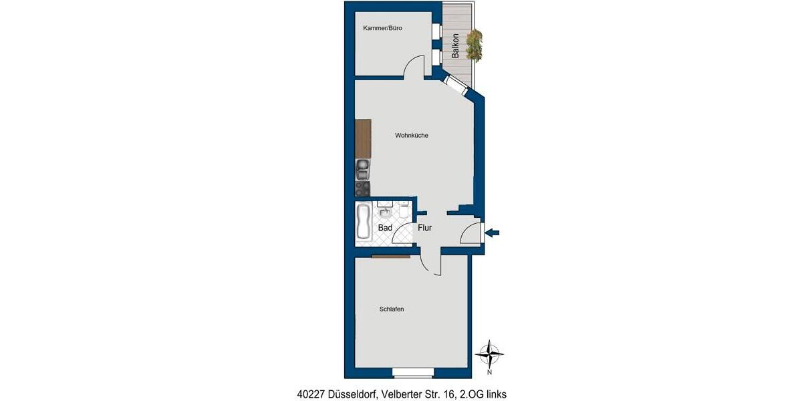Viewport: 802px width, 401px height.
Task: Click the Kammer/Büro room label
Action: click(x=382, y=28)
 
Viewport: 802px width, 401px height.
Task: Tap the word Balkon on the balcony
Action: click(x=455, y=46)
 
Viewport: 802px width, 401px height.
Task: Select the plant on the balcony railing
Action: click(x=475, y=45)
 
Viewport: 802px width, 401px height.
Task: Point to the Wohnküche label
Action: click(x=411, y=136)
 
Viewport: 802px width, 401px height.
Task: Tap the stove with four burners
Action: click(x=362, y=189)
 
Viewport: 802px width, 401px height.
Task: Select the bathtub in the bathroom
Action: click(x=364, y=223)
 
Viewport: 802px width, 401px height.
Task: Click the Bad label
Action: click(x=385, y=228)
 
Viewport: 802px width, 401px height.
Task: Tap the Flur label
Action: click(x=425, y=228)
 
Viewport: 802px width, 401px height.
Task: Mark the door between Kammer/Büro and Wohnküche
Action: click(x=415, y=68)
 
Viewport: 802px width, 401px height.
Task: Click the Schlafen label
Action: click(x=391, y=309)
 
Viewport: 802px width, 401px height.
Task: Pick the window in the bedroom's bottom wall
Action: click(x=413, y=372)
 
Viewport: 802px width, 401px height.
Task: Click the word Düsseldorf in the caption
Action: click(x=352, y=394)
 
